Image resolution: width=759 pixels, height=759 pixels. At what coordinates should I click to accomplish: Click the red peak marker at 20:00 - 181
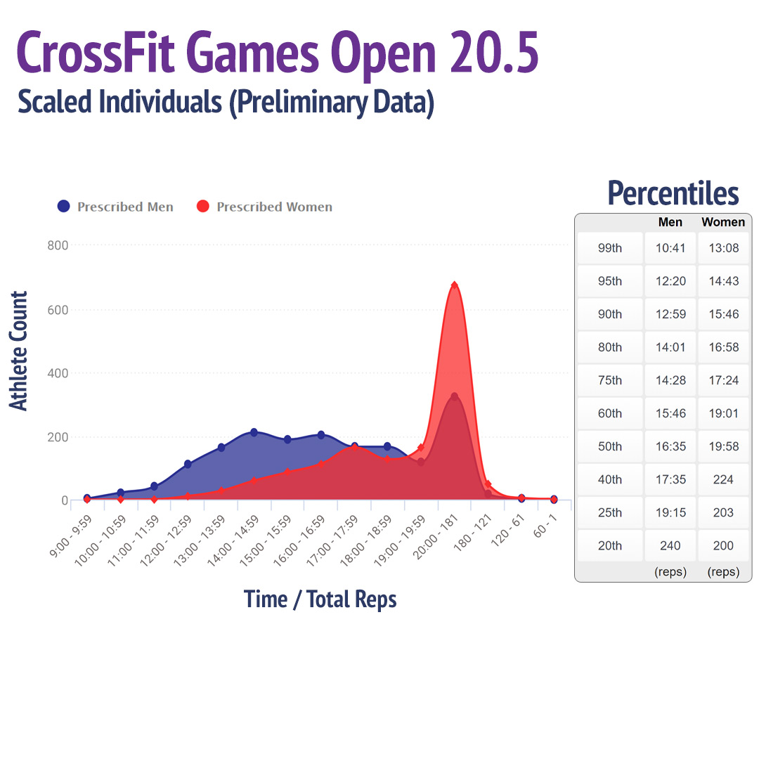click(454, 285)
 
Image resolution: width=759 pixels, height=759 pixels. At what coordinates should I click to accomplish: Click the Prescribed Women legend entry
click(265, 207)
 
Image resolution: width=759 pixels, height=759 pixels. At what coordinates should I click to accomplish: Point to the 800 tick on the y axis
click(58, 245)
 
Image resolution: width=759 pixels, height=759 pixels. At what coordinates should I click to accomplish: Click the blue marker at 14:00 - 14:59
click(254, 432)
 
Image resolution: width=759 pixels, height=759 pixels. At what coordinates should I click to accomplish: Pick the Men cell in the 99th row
click(670, 248)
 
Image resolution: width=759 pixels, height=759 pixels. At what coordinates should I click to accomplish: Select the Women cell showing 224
click(723, 479)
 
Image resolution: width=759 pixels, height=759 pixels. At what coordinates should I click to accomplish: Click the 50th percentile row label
click(609, 446)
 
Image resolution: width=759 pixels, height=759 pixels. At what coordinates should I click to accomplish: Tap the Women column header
click(723, 222)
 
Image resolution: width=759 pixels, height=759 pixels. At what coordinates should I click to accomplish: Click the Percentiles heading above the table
click(673, 193)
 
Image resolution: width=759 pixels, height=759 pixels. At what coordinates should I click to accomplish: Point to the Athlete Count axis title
click(19, 351)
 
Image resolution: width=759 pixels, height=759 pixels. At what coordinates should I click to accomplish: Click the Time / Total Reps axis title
click(320, 599)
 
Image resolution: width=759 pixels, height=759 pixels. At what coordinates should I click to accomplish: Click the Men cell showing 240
click(670, 545)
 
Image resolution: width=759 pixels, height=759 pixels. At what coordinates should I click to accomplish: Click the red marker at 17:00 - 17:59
click(354, 448)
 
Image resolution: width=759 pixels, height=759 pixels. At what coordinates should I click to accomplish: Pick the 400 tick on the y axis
click(58, 373)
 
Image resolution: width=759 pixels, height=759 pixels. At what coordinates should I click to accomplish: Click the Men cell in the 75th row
click(670, 380)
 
